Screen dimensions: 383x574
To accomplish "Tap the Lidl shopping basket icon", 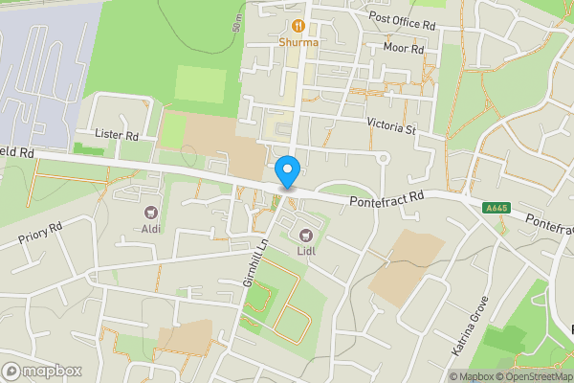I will click(307, 234).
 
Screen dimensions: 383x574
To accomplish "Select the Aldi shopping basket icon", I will click(149, 212).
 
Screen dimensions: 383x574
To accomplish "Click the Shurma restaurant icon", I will click(299, 26).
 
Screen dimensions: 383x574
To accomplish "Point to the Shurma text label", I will click(299, 42).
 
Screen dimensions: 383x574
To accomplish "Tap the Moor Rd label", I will click(402, 48).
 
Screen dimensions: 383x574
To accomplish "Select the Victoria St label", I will click(392, 125).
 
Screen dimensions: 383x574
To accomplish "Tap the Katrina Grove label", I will click(470, 326).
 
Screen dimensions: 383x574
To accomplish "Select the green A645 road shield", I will click(496, 208).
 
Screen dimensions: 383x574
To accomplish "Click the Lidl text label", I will click(306, 251).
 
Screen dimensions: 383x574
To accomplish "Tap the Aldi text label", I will click(149, 229).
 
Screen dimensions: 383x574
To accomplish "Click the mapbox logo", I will click(42, 370).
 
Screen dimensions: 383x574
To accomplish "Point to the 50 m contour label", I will click(236, 23).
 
